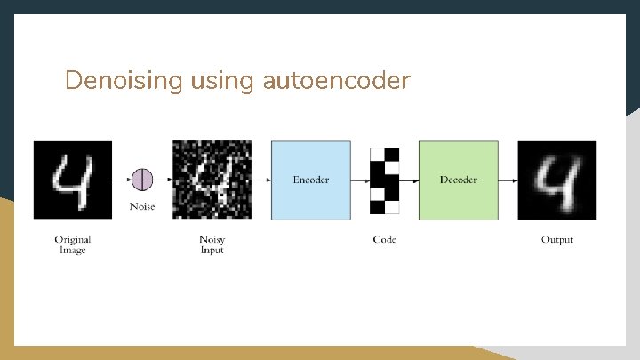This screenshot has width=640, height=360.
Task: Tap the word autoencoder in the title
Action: coord(337,82)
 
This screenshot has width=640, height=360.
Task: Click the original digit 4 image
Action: coord(73,180)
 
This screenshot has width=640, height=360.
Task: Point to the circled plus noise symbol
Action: coord(142,180)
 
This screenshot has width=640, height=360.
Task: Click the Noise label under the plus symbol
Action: coord(142,206)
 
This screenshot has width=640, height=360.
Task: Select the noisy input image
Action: coord(212,180)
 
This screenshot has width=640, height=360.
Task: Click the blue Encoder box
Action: coord(310,180)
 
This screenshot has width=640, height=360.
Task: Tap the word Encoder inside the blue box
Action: coord(310,180)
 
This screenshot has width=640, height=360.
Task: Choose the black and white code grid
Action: coord(385,180)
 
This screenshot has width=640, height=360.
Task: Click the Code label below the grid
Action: coord(385,239)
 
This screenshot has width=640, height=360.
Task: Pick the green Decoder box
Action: coord(458,180)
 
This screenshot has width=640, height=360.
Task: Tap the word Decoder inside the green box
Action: coord(458,180)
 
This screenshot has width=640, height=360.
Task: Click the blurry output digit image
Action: coord(557,180)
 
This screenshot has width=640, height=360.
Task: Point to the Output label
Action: coord(557,239)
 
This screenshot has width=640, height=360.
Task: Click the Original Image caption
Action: coord(73,244)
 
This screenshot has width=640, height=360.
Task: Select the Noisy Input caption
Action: coord(212,244)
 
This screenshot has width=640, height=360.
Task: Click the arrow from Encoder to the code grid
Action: coord(360,180)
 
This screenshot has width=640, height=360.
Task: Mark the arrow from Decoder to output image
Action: coord(508,180)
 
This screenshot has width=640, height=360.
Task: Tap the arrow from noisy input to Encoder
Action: coord(261,180)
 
